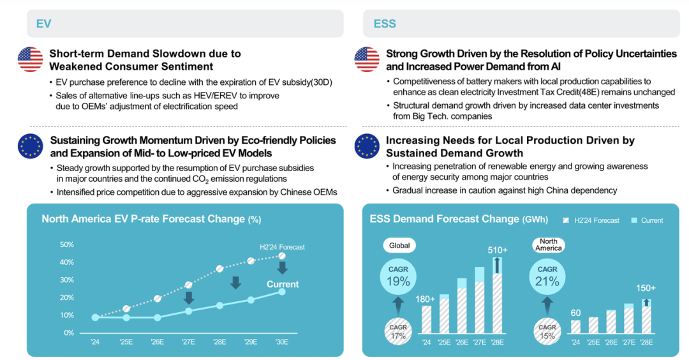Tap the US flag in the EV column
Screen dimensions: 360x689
[x=30, y=59]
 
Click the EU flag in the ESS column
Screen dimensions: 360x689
[x=367, y=146]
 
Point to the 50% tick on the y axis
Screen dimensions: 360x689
[x=67, y=244]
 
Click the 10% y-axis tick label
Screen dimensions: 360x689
[x=67, y=315]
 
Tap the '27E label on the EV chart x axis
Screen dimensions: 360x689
[x=188, y=341]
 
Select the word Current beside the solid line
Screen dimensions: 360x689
[x=283, y=284]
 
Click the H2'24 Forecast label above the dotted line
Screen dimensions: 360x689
[x=282, y=247]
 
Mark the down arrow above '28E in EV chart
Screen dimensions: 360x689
[x=235, y=282]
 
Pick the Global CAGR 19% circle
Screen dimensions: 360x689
[x=398, y=276]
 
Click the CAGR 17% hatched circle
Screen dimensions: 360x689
[x=398, y=331]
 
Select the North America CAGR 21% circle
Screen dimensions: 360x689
[x=547, y=276]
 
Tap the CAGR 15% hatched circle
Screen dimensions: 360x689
[x=547, y=331]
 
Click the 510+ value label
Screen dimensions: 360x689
[x=498, y=250]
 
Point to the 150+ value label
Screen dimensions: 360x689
[x=646, y=288]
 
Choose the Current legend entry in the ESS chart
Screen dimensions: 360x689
[x=647, y=220]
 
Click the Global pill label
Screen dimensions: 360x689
[x=399, y=245]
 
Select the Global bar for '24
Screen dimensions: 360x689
[x=426, y=319]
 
